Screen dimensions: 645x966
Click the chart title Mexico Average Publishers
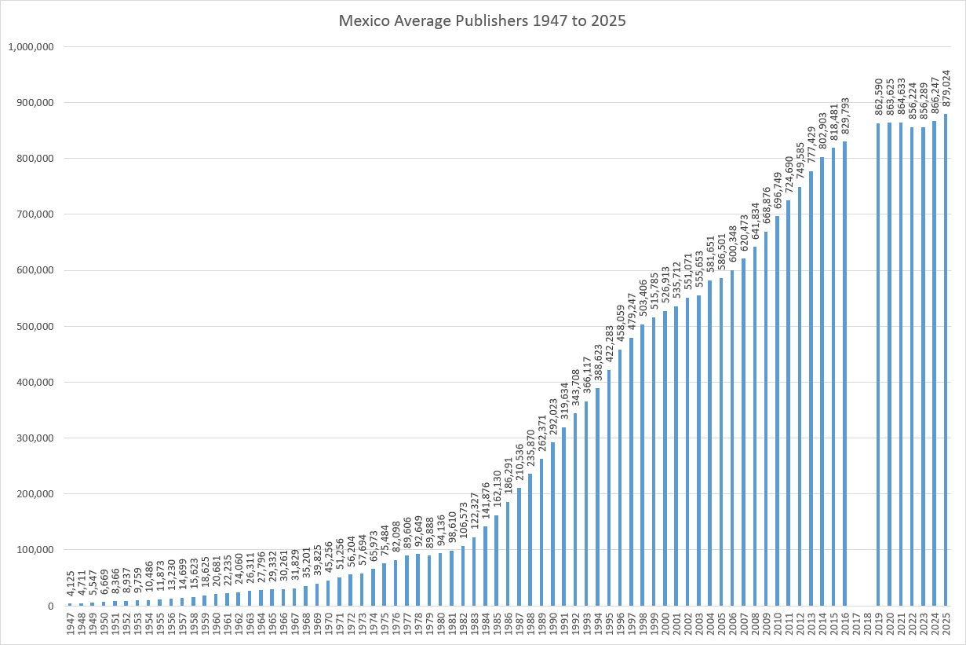point(482,21)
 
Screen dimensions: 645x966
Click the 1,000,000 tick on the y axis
point(31,46)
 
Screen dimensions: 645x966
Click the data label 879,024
point(946,89)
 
